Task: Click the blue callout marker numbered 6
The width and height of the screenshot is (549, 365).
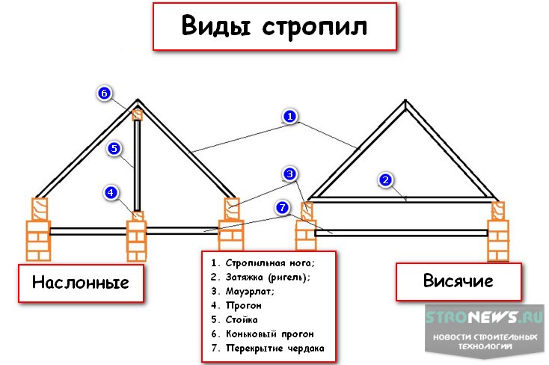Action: click(104, 93)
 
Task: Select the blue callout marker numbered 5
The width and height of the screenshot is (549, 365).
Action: click(113, 149)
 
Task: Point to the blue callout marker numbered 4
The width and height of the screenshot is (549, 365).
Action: click(111, 192)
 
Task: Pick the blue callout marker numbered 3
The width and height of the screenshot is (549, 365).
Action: click(290, 174)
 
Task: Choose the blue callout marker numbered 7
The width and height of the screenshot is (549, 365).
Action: click(282, 207)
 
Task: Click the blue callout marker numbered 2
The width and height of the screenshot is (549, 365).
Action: click(385, 180)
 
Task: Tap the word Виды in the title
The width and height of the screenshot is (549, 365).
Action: click(218, 27)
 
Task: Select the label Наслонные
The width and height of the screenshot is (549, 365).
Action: click(80, 282)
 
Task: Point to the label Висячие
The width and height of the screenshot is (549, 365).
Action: click(458, 281)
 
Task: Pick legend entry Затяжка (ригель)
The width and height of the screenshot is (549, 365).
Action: click(260, 277)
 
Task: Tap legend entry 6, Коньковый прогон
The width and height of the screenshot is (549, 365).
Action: click(262, 334)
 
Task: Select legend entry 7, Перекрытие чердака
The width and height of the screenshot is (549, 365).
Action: click(269, 348)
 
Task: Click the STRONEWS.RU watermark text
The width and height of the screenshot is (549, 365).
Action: click(484, 317)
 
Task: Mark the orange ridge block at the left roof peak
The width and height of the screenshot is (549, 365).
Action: click(138, 114)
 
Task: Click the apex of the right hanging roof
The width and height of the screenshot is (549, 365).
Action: click(405, 104)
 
